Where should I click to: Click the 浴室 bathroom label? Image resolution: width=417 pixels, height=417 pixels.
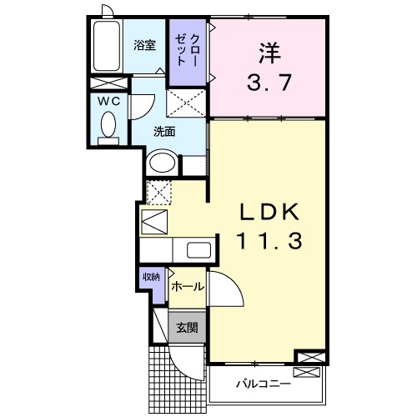pyautogui.click(x=145, y=46)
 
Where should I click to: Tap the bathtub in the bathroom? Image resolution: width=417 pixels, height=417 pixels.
pyautogui.click(x=107, y=48)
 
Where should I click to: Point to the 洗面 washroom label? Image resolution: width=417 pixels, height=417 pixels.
pyautogui.click(x=163, y=132)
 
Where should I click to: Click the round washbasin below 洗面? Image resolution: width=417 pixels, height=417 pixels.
pyautogui.click(x=162, y=162)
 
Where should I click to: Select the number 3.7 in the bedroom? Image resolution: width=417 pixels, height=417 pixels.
pyautogui.click(x=267, y=83)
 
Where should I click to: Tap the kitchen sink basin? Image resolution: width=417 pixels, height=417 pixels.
pyautogui.click(x=198, y=249)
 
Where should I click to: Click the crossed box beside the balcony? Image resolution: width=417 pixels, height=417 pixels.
pyautogui.click(x=307, y=358)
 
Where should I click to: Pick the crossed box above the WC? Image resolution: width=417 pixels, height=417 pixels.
pyautogui.click(x=108, y=83)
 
